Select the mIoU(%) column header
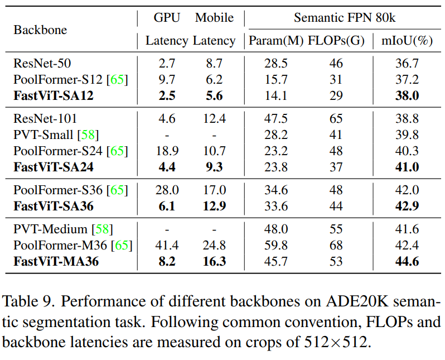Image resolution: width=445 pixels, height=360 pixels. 407,41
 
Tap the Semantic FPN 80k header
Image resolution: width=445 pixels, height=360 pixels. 344,18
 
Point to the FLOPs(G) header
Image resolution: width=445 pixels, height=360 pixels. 336,41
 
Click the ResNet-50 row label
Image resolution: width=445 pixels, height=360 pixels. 42,64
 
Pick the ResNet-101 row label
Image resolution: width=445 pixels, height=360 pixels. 45,118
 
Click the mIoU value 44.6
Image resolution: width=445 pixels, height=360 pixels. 407,261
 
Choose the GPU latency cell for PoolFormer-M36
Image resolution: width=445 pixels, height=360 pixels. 167,245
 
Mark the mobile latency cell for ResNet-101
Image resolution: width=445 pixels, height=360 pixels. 214,118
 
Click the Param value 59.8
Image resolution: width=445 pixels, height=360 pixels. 276,245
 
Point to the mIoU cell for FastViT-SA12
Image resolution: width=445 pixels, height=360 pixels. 407,95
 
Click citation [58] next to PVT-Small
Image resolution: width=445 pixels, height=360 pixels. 88,135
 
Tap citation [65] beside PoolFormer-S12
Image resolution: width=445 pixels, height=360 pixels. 117,80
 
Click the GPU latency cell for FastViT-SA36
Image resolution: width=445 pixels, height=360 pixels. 167,206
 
